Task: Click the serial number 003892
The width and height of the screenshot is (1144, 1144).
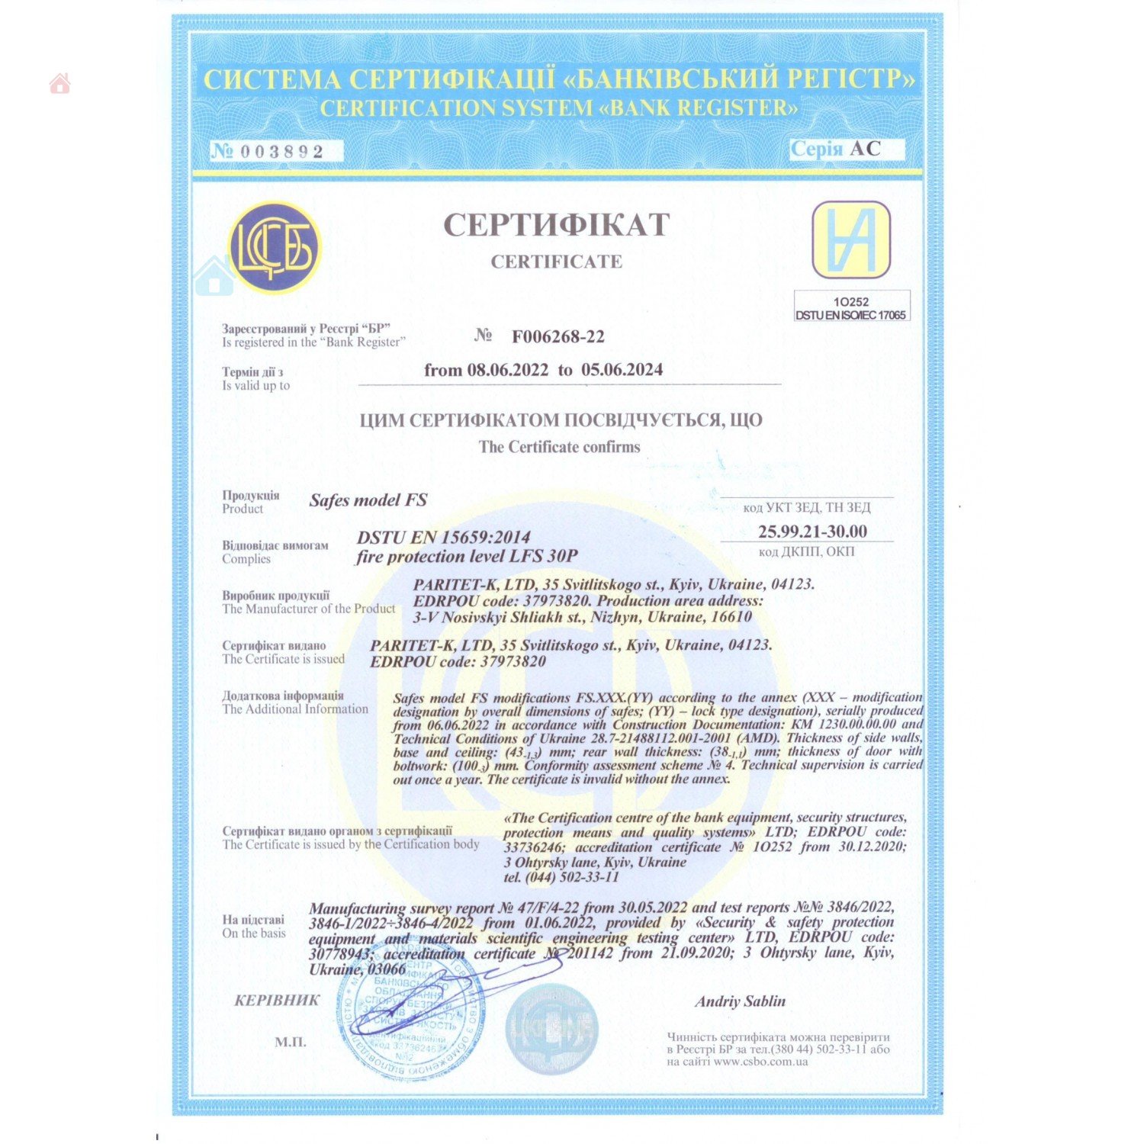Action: (281, 151)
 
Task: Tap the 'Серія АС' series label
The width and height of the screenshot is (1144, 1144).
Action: (836, 149)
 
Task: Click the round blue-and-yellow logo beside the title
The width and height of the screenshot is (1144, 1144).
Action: (275, 246)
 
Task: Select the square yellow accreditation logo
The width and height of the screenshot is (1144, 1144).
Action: (851, 239)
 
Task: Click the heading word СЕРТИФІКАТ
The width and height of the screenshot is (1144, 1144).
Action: (557, 224)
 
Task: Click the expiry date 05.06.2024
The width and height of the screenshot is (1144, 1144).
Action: (622, 370)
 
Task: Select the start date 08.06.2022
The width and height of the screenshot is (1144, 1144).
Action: (507, 370)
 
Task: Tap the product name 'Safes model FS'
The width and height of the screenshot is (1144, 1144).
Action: (368, 500)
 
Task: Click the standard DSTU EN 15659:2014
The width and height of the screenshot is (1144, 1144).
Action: (443, 537)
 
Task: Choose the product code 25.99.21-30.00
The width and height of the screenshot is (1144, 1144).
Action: (812, 531)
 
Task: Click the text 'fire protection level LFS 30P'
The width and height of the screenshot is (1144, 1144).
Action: (467, 557)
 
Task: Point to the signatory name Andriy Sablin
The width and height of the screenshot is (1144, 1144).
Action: (740, 1001)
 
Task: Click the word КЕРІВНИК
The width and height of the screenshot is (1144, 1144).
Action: (277, 1001)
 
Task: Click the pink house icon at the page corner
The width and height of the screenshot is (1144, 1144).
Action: (59, 83)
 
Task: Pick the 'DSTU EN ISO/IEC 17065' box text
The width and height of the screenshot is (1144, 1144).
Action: (850, 315)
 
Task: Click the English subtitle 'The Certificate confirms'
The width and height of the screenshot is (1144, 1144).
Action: (559, 447)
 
